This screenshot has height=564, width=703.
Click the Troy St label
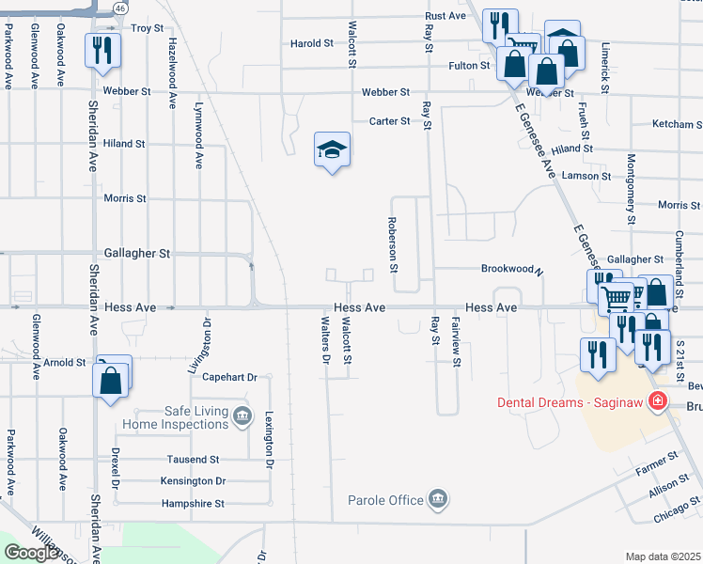[147, 29]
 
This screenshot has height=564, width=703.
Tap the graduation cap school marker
[332, 149]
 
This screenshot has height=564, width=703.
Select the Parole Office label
[385, 500]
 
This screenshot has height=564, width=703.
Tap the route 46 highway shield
[119, 8]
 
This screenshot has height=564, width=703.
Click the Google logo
[32, 553]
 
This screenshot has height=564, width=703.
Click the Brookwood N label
[512, 269]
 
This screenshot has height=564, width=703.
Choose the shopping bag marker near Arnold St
[111, 382]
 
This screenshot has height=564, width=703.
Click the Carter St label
[389, 121]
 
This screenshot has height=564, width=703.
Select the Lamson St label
[586, 176]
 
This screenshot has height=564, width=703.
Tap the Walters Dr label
[325, 340]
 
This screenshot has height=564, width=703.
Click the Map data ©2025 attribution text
[663, 556]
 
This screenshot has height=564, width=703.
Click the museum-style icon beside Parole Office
[437, 499]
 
